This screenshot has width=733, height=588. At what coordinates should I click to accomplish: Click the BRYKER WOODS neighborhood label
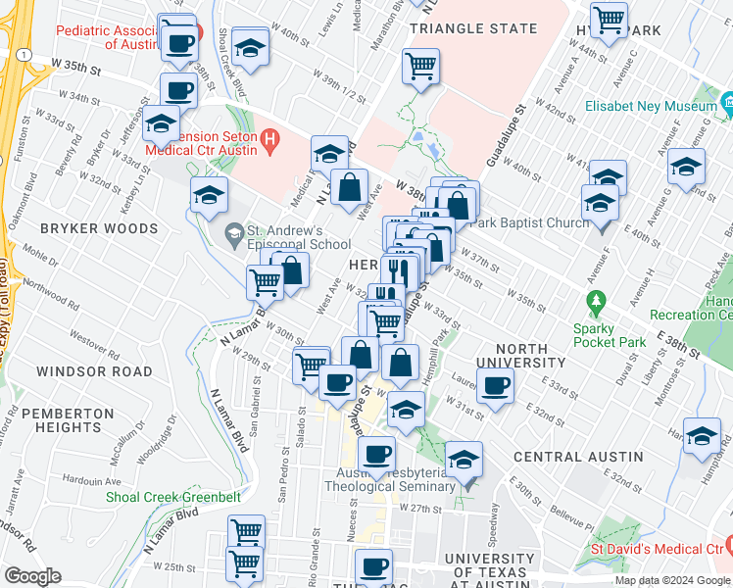99,228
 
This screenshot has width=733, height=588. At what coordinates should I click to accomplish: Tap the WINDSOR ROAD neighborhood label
94,372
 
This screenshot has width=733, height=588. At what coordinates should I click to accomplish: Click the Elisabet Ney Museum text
649,105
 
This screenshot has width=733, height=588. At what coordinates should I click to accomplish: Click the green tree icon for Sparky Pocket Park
593,299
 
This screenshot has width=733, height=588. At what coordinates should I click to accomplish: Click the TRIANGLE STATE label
473,28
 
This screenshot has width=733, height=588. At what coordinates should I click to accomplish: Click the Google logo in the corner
31,576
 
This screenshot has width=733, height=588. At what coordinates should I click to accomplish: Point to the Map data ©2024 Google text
672,581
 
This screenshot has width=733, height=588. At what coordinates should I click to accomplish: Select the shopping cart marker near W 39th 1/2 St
420,67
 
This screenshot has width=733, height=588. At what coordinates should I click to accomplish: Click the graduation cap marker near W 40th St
251,46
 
